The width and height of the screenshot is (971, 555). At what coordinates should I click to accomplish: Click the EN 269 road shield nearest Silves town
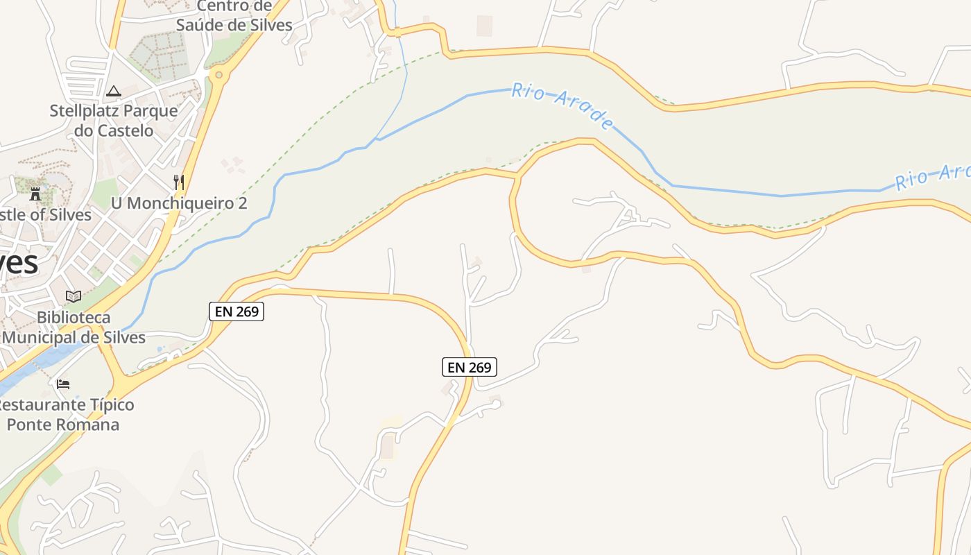pyautogui.click(x=237, y=311)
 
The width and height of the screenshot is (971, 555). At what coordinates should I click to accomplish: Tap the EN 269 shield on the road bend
pyautogui.click(x=470, y=367)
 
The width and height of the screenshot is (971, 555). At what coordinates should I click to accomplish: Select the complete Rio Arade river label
pyautogui.click(x=563, y=105)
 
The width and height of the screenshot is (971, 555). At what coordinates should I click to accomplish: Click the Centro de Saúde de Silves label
pyautogui.click(x=234, y=15)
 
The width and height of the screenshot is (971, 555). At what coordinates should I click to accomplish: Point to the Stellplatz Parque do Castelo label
pyautogui.click(x=114, y=120)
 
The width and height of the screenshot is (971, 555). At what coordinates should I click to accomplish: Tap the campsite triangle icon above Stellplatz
pyautogui.click(x=114, y=91)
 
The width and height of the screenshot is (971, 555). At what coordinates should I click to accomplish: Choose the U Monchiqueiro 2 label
pyautogui.click(x=179, y=203)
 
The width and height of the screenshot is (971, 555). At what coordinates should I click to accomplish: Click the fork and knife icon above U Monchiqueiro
pyautogui.click(x=179, y=182)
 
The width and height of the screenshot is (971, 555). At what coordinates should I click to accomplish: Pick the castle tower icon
pyautogui.click(x=35, y=194)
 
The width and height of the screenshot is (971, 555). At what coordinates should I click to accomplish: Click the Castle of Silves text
pyautogui.click(x=46, y=215)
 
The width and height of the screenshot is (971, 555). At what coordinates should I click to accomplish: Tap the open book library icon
pyautogui.click(x=74, y=296)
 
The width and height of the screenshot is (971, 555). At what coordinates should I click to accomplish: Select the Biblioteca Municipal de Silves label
pyautogui.click(x=74, y=327)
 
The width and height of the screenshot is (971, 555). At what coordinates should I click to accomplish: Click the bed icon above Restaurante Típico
pyautogui.click(x=63, y=384)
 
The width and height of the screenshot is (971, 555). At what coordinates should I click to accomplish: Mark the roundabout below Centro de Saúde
pyautogui.click(x=219, y=74)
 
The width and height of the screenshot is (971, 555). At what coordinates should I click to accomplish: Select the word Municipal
pyautogui.click(x=44, y=338)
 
